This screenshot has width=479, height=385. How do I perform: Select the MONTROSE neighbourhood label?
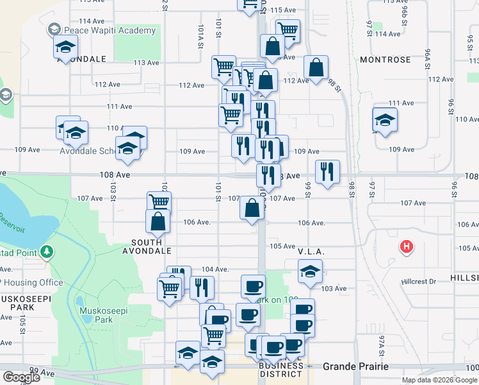385,60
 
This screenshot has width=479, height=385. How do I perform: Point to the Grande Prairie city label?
355,366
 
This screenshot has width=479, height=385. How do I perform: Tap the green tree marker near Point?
45,252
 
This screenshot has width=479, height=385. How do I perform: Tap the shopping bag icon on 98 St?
316,67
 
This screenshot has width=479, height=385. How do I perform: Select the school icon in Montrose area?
385,120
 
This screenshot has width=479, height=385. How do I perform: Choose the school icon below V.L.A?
310,271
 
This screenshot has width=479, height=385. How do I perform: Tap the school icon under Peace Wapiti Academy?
65,47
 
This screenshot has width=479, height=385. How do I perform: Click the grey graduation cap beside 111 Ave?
6,96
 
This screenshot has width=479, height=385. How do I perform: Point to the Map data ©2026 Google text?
439,380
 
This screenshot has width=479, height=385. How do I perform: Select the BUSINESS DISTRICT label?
281,370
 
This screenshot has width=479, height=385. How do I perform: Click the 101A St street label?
200,37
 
